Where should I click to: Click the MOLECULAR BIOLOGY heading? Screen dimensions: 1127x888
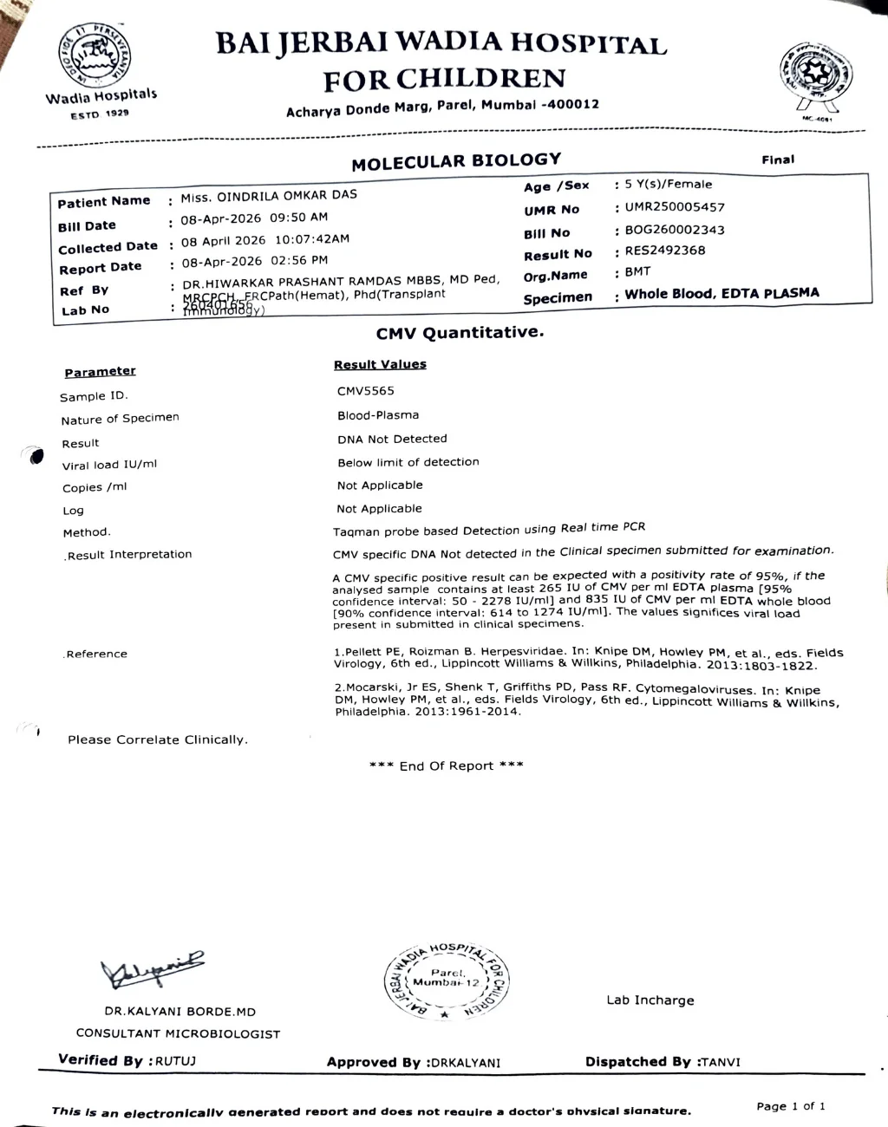click(456, 161)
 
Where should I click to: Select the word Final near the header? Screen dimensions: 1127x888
click(778, 160)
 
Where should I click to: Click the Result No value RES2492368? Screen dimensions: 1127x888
click(665, 251)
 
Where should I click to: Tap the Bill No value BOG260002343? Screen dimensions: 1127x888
click(675, 230)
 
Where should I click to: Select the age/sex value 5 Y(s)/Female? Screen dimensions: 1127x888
click(669, 184)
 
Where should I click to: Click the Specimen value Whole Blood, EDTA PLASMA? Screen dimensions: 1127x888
click(721, 294)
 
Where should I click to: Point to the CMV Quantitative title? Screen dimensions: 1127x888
click(460, 333)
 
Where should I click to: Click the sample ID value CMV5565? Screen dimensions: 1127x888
click(366, 391)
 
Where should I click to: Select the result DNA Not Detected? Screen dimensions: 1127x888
click(392, 439)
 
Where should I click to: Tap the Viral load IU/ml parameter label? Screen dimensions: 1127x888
click(109, 465)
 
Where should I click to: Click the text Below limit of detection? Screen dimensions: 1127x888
click(408, 462)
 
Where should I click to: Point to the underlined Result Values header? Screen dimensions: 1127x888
click(380, 365)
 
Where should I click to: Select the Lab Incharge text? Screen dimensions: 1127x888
click(650, 1000)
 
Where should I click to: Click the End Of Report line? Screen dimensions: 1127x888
click(446, 765)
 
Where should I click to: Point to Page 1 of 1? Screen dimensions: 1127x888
click(791, 1106)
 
